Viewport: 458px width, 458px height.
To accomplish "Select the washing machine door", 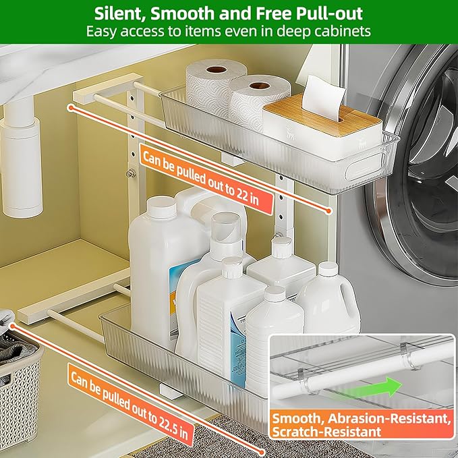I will [x=422, y=169].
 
